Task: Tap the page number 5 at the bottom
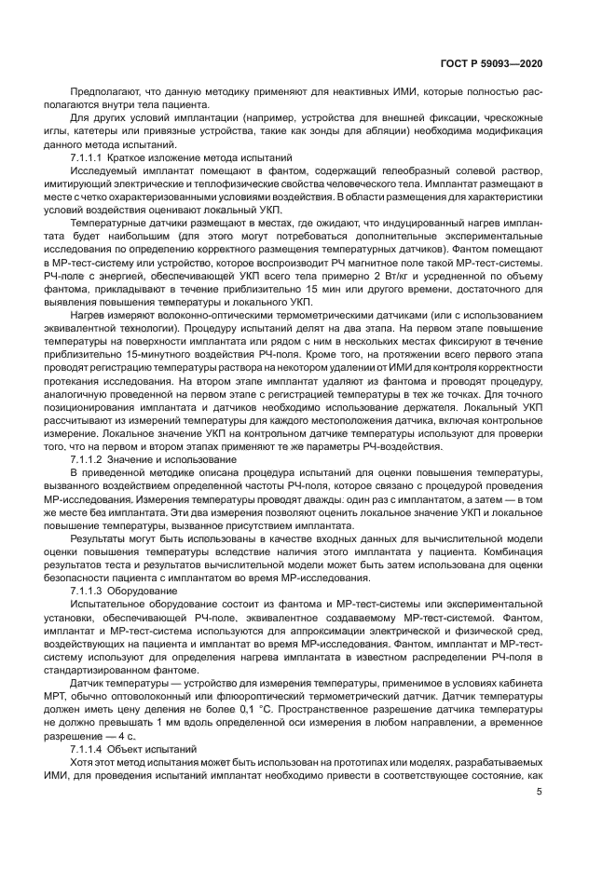(x=540, y=792)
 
